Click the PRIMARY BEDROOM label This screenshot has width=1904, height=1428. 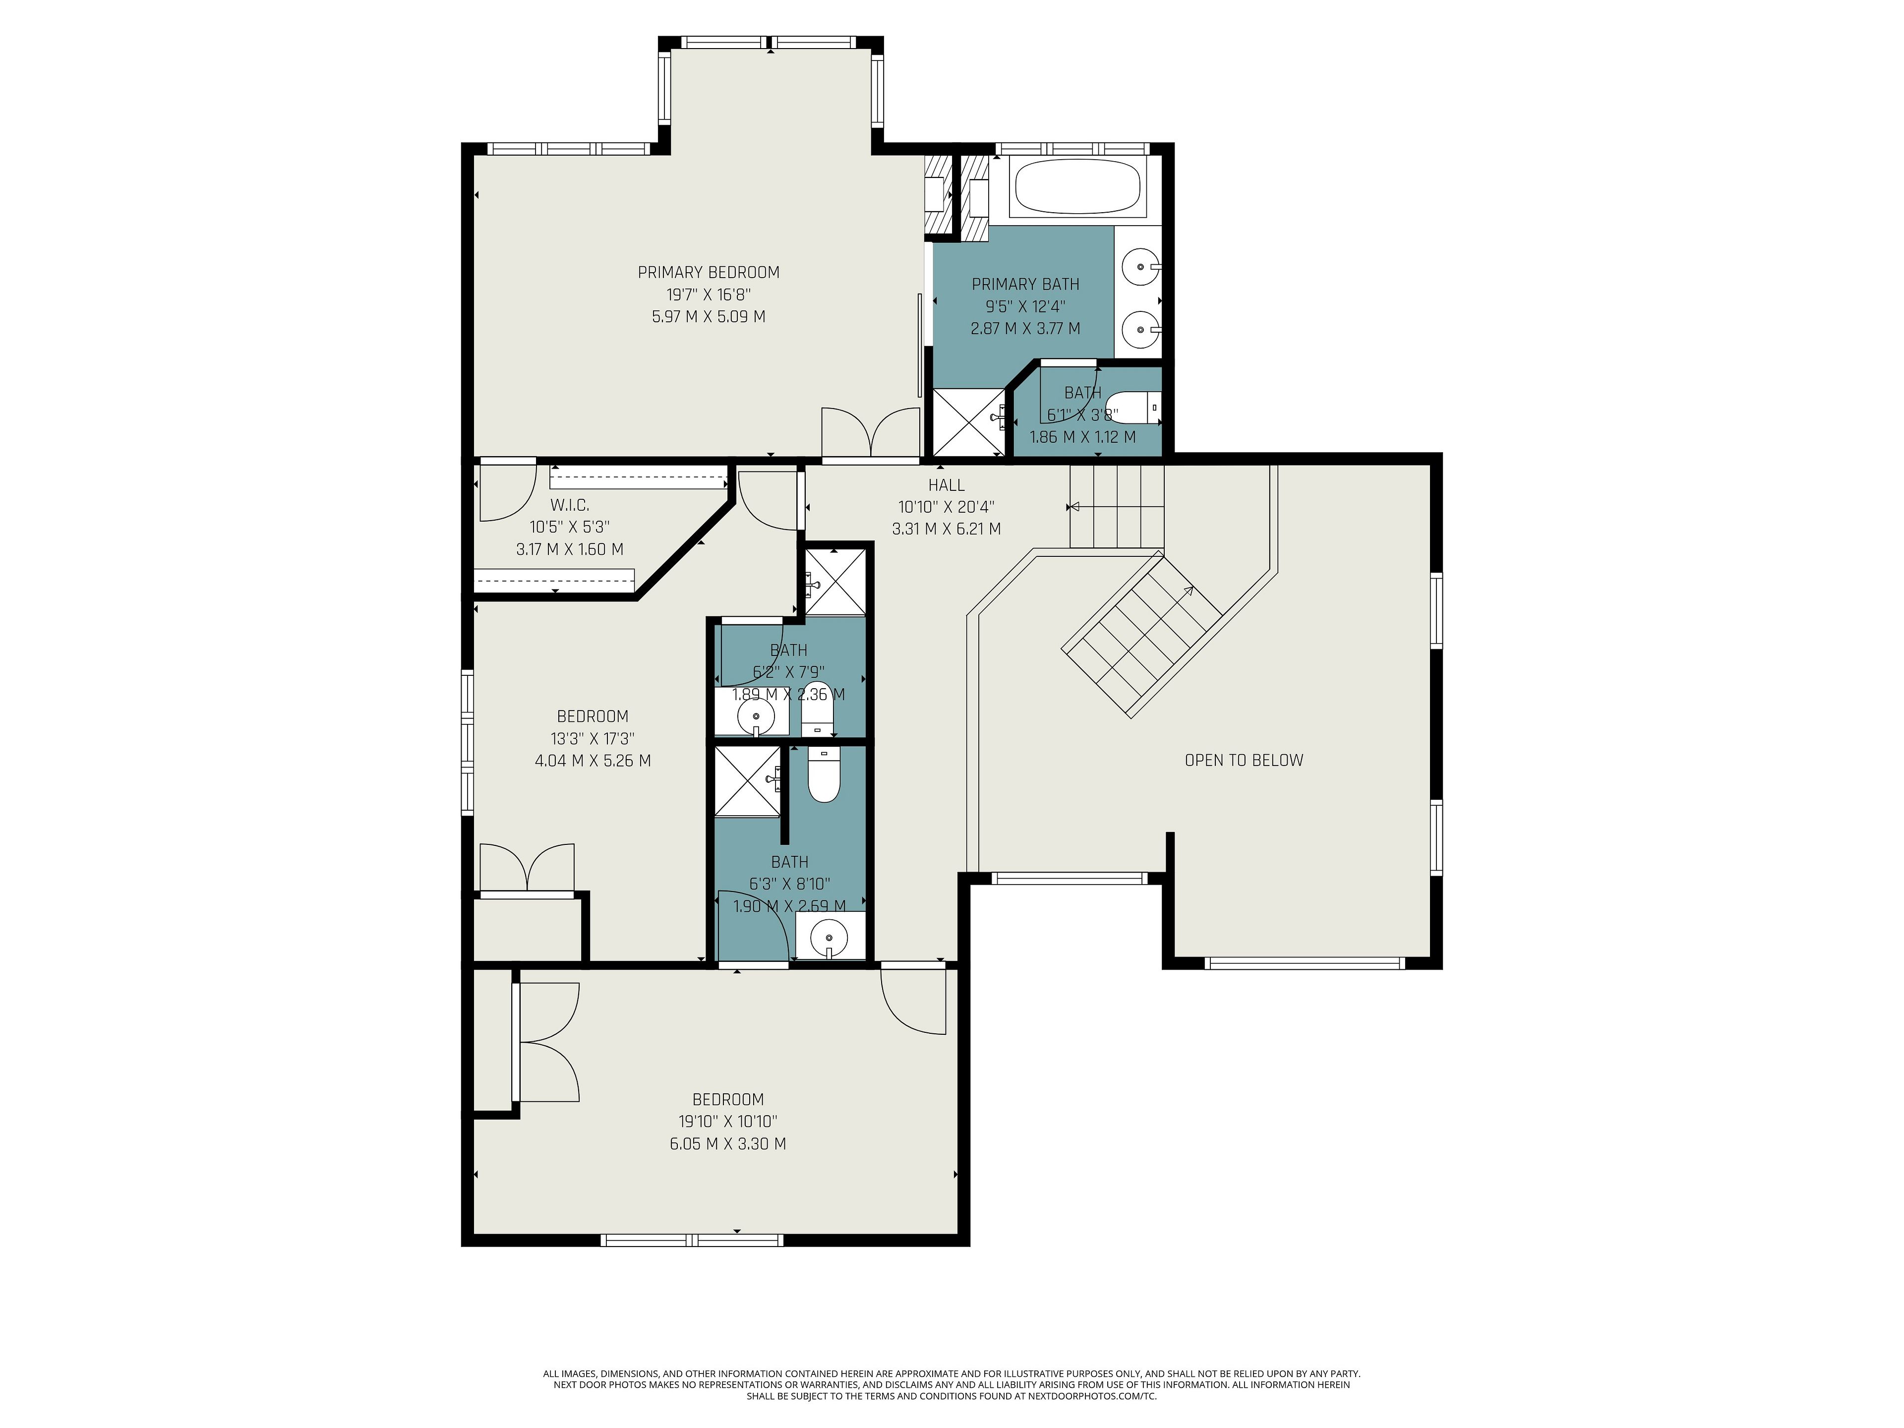[709, 273]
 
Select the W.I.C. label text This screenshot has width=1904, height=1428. [570, 505]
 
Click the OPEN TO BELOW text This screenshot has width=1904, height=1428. [1244, 760]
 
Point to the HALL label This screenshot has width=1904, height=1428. [946, 485]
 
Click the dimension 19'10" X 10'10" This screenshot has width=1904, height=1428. [728, 1122]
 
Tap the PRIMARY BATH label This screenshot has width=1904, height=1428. [1025, 284]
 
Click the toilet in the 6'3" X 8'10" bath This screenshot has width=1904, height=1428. [823, 774]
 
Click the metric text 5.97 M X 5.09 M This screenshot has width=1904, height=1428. [709, 317]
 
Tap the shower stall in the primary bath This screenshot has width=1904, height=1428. [969, 422]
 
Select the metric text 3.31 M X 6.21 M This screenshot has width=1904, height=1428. [946, 530]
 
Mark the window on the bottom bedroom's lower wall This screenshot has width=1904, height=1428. [692, 1241]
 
